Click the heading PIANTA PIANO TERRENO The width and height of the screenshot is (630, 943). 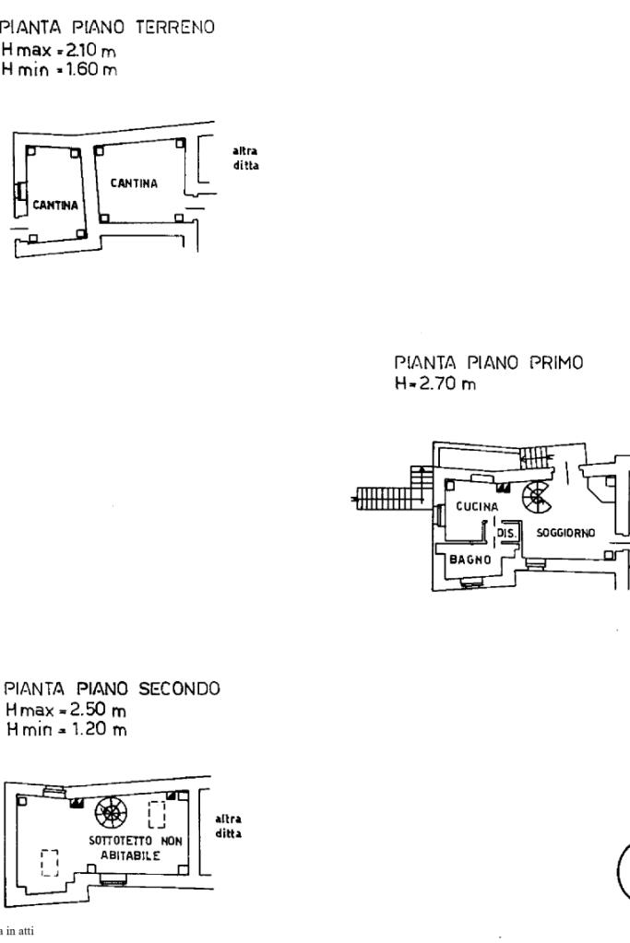[x=108, y=28]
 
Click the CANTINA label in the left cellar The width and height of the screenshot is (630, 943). [x=55, y=205]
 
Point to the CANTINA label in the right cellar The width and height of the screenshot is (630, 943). [x=134, y=183]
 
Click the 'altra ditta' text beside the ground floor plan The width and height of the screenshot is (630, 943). [x=245, y=159]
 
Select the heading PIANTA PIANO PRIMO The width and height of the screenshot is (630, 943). [x=489, y=362]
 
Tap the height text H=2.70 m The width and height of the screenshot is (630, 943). [x=435, y=383]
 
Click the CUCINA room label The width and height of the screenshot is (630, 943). [x=477, y=507]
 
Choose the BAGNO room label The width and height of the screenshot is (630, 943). [x=470, y=560]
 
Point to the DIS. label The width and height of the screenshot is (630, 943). [x=506, y=533]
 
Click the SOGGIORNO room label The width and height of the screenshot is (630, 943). [x=565, y=533]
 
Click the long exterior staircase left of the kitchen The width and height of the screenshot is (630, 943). [x=391, y=499]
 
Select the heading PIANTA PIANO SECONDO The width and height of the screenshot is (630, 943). [x=113, y=689]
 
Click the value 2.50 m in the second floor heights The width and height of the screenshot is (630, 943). [x=98, y=710]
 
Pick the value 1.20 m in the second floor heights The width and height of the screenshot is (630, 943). [x=100, y=729]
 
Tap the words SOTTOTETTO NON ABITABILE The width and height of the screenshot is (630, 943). [x=135, y=848]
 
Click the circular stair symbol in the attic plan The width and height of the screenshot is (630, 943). [x=112, y=813]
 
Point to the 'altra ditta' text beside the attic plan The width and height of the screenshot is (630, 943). [x=228, y=826]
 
